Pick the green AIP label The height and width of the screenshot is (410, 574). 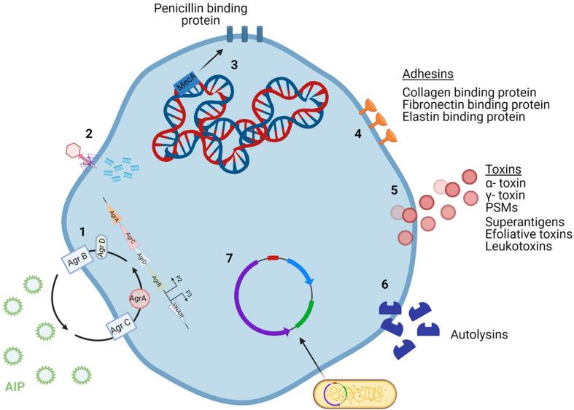click(14, 386)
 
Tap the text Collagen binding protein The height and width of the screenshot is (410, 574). click(469, 93)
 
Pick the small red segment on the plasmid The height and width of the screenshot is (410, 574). click(273, 258)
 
